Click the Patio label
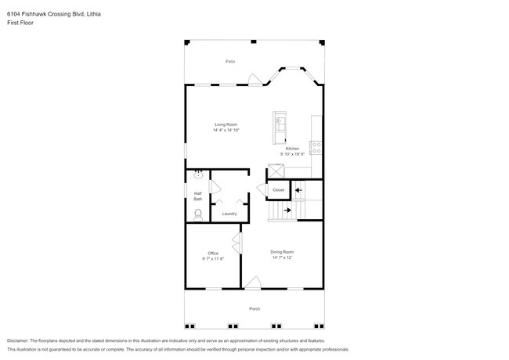pos(230,61)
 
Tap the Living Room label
pos(226,124)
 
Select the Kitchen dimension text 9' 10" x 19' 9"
pos(291,153)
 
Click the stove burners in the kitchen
pos(317,146)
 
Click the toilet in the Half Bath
pos(197,214)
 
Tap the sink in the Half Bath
pos(198,176)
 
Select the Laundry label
pos(229,213)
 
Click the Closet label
pos(279,190)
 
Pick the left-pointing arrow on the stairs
pos(298,189)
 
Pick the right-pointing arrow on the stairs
pos(287,210)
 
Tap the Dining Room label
pos(282,252)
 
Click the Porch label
pos(254,308)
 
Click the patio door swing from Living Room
pos(254,79)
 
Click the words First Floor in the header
pos(21,23)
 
